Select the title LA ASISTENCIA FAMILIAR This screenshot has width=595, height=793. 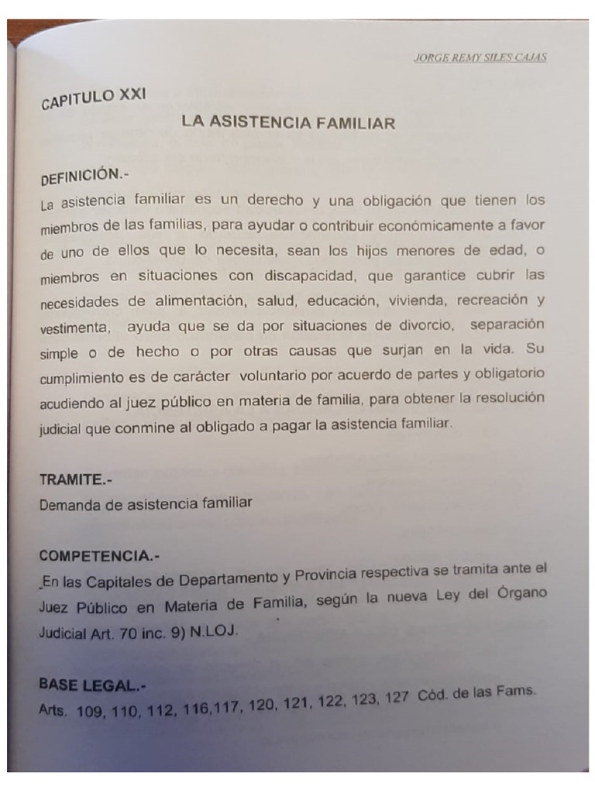point(288,122)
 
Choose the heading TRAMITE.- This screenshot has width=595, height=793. point(75,479)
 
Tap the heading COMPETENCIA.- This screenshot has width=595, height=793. point(98,555)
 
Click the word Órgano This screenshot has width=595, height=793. point(519,593)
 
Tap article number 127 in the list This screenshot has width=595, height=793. point(395,698)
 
